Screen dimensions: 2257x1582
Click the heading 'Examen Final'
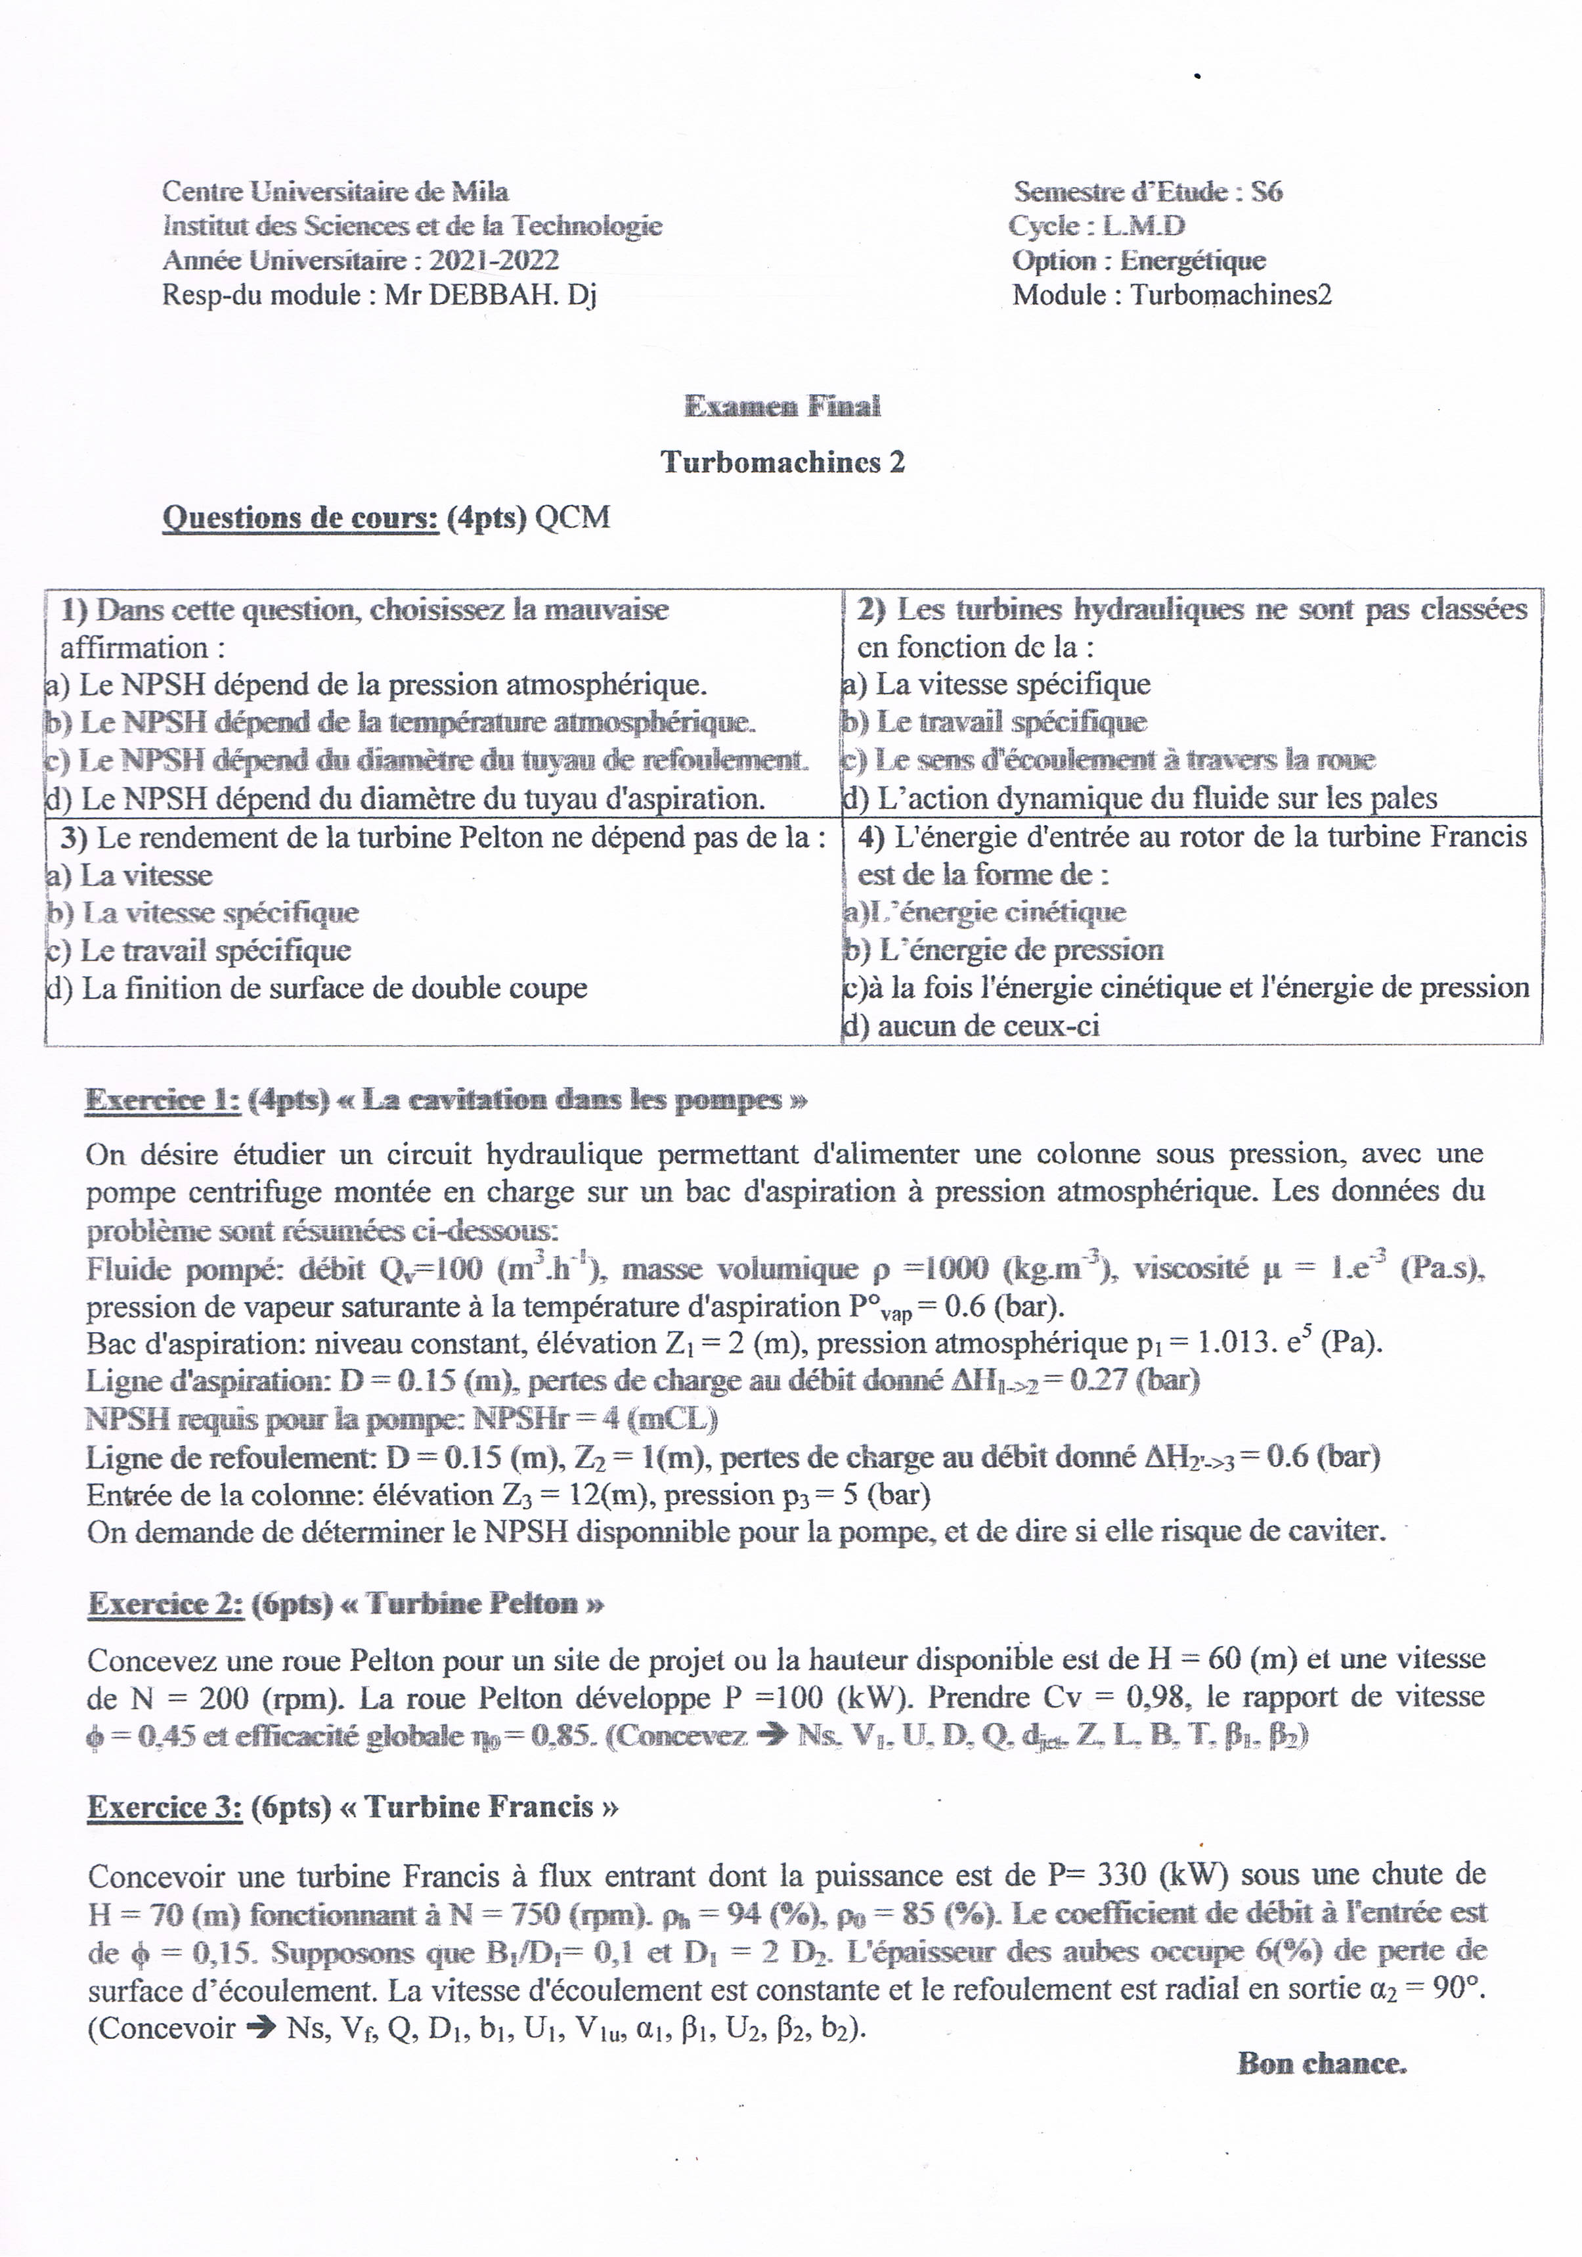pyautogui.click(x=781, y=406)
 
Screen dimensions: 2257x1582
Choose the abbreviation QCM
pyautogui.click(x=572, y=517)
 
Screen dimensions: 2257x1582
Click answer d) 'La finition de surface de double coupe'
pyautogui.click(x=317, y=988)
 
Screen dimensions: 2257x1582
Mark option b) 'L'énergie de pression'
pyautogui.click(x=1003, y=950)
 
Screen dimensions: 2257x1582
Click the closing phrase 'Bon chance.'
pyautogui.click(x=1321, y=2063)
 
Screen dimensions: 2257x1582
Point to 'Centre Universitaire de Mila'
pyautogui.click(x=335, y=192)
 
